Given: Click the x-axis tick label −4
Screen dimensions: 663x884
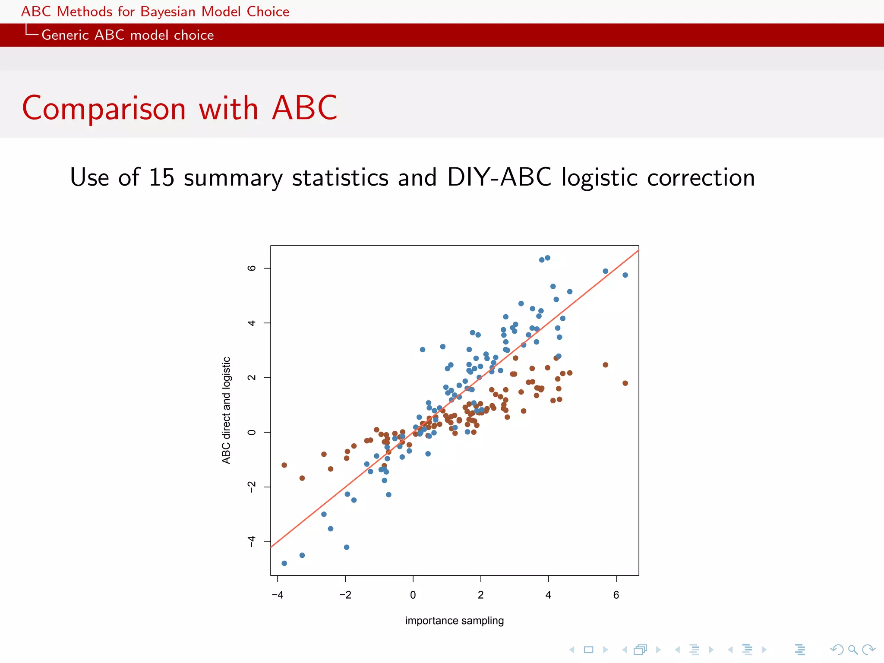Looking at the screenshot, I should pyautogui.click(x=278, y=595).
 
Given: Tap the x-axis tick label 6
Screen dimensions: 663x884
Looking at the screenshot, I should pyautogui.click(x=616, y=595).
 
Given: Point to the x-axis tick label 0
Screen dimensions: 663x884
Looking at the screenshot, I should pyautogui.click(x=413, y=595).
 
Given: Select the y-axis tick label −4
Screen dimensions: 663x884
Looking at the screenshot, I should pyautogui.click(x=252, y=542).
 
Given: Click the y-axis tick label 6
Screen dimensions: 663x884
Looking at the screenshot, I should pyautogui.click(x=252, y=268).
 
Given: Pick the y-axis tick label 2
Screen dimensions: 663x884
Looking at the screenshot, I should pyautogui.click(x=252, y=378).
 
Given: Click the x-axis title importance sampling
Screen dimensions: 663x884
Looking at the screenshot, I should pyautogui.click(x=455, y=621).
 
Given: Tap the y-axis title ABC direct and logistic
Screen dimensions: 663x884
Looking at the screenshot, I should pyautogui.click(x=226, y=410).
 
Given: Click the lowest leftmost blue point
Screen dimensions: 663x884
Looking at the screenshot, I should pyautogui.click(x=284, y=563).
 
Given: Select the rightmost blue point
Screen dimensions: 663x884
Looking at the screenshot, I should pyautogui.click(x=625, y=275).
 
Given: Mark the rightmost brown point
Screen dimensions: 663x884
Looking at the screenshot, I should pyautogui.click(x=625, y=383).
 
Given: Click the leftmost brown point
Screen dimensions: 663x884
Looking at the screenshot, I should pyautogui.click(x=284, y=465).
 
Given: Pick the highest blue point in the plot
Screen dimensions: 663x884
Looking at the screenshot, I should pyautogui.click(x=547, y=258).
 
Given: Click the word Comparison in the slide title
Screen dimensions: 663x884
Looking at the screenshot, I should pyautogui.click(x=104, y=109).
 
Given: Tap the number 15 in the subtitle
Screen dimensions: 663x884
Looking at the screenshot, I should pyautogui.click(x=161, y=177).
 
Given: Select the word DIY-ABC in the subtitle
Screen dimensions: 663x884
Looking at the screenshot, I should pyautogui.click(x=499, y=177).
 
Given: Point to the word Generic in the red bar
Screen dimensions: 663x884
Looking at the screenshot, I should pyautogui.click(x=65, y=35).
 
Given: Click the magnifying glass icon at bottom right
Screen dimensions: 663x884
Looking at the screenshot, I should pyautogui.click(x=852, y=650).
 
